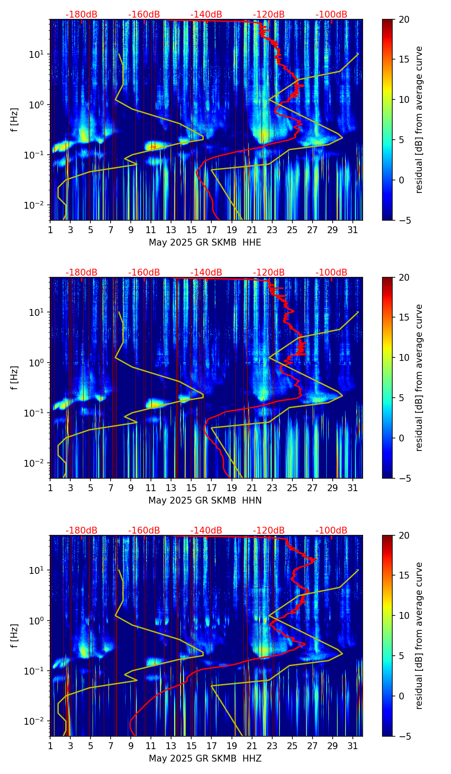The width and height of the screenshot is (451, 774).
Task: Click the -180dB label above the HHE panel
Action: [81, 15]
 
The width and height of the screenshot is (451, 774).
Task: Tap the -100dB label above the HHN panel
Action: [331, 273]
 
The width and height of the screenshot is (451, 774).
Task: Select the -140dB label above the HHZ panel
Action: [206, 531]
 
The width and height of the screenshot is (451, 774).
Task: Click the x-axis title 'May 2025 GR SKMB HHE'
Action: [205, 243]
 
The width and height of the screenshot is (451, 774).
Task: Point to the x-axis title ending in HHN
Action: [205, 501]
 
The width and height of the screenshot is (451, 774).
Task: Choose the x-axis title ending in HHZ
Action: [205, 759]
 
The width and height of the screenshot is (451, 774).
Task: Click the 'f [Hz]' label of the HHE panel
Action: [15, 120]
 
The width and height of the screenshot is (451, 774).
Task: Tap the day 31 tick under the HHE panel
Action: [353, 230]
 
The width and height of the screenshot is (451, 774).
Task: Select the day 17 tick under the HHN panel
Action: [211, 488]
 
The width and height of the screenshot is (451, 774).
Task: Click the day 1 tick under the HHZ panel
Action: [50, 746]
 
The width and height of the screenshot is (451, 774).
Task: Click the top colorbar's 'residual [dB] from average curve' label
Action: [419, 120]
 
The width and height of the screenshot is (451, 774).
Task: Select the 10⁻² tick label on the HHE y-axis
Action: [36, 205]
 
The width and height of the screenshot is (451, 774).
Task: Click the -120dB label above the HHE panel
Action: [269, 15]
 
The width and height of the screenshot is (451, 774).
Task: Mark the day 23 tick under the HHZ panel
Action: [272, 746]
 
